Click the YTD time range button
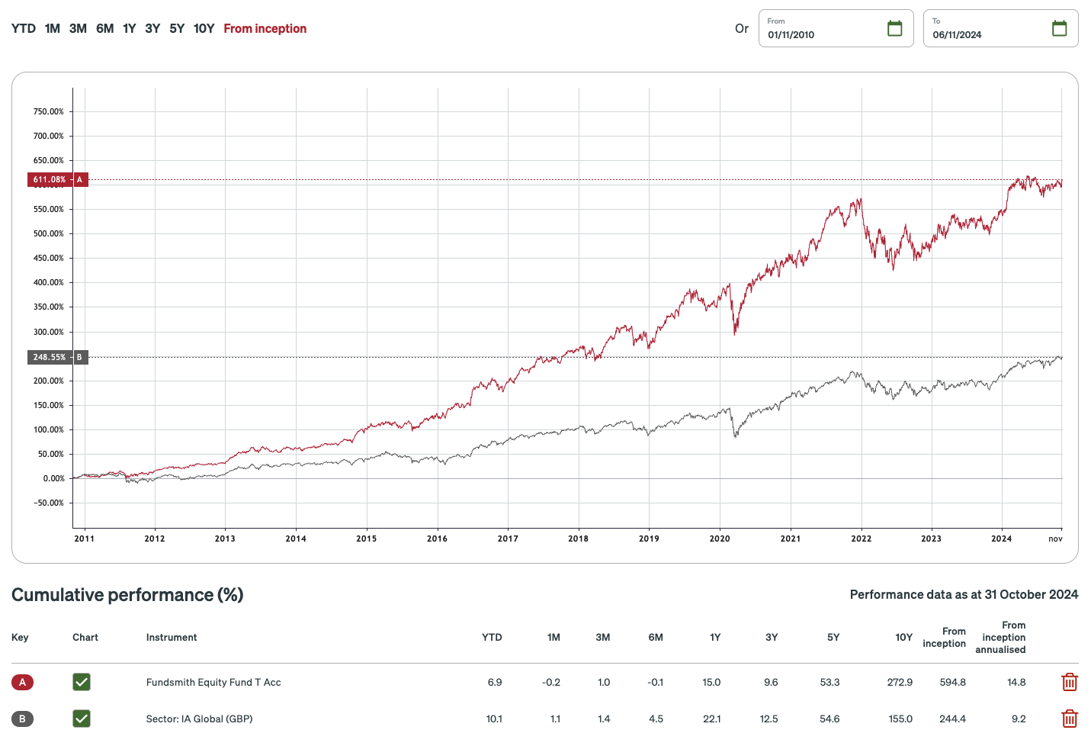click(x=24, y=29)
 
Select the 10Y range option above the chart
click(x=204, y=29)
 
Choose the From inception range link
click(x=265, y=29)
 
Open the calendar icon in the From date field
click(x=894, y=29)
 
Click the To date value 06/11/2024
click(x=957, y=35)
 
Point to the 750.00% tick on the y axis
click(x=48, y=111)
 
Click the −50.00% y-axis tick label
click(x=48, y=503)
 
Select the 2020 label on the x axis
click(x=719, y=539)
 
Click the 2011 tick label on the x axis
click(x=84, y=539)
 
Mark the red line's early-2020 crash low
click(x=735, y=333)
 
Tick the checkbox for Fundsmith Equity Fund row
click(x=82, y=682)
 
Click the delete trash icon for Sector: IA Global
click(x=1069, y=719)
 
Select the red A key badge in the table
click(x=22, y=682)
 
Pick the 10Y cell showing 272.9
click(x=900, y=682)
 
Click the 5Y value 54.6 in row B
click(x=829, y=719)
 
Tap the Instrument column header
click(x=172, y=638)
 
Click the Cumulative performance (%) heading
click(x=127, y=595)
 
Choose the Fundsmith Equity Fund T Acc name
click(x=213, y=682)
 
